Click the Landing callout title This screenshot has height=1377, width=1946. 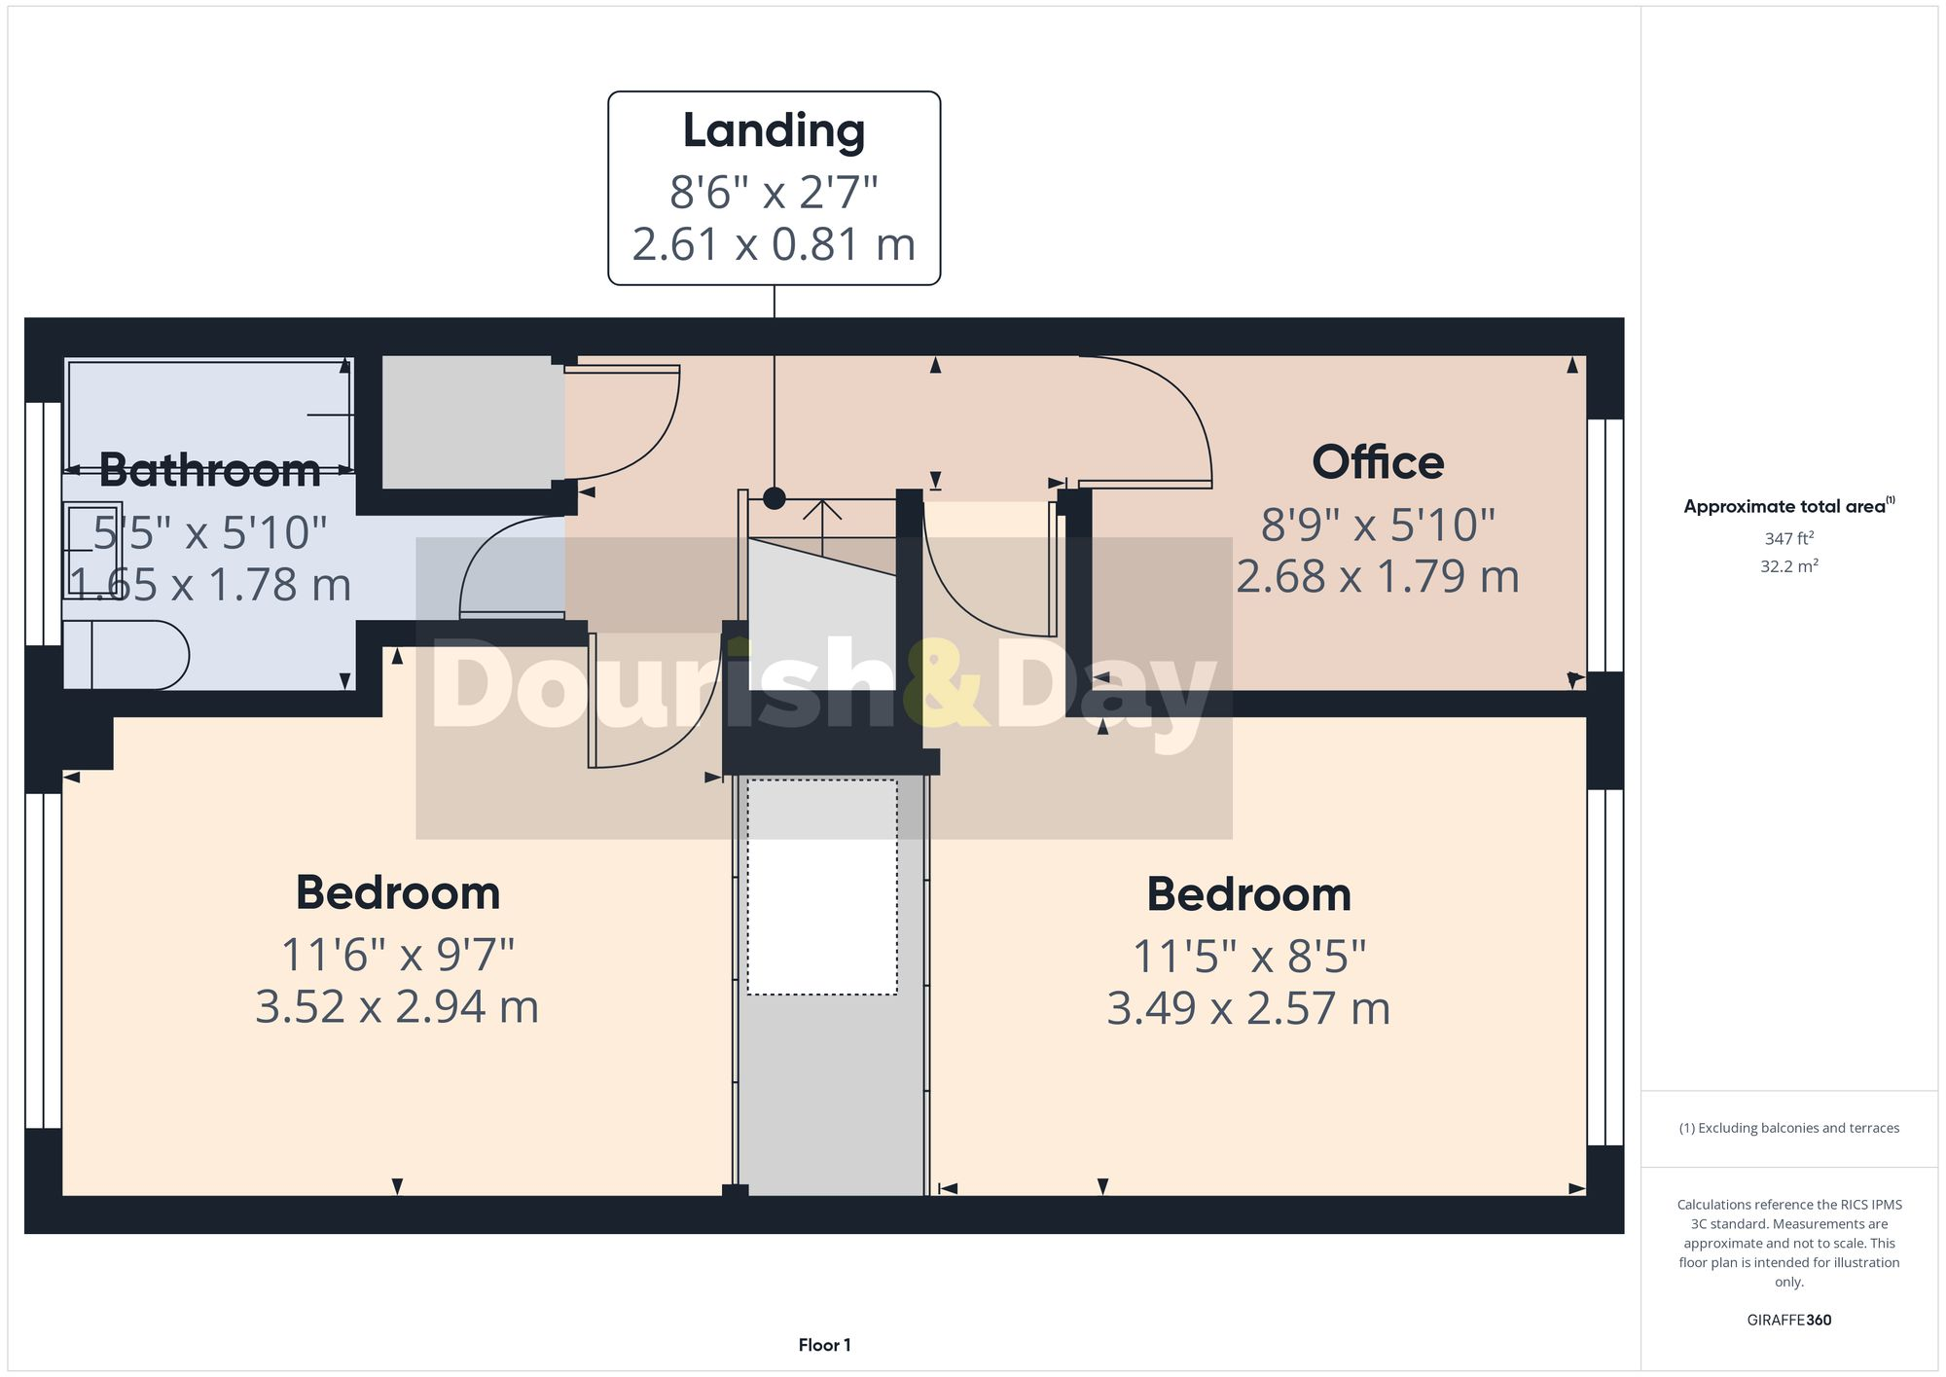774,131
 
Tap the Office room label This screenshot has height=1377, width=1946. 1378,462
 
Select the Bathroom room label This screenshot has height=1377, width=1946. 210,471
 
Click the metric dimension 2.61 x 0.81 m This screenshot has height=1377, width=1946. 774,244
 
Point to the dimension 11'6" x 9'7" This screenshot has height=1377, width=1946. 397,955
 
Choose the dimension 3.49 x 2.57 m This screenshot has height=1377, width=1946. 1248,1009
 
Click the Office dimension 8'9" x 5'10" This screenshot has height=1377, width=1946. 1378,525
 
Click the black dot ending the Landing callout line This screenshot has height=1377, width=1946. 775,498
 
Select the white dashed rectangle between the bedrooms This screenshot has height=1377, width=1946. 822,887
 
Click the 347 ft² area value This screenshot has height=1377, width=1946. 1788,538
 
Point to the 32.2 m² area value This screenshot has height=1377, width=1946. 1788,565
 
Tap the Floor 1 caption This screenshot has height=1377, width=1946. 824,1345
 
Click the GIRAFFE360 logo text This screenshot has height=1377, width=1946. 1788,1320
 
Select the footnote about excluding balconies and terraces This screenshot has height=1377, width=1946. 1788,1128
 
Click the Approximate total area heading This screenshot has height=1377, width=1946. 1788,506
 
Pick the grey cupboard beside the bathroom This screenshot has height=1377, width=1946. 473,422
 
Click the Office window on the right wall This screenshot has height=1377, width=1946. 1605,545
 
